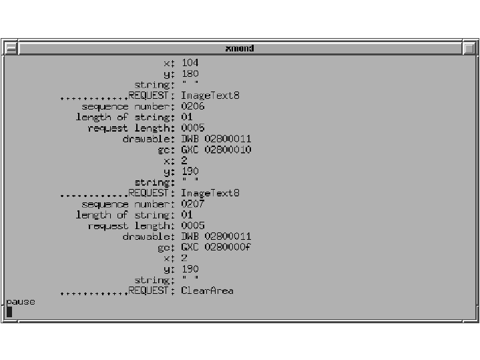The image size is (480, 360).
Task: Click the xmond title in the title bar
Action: [240, 48]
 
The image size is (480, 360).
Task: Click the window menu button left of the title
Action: [11, 48]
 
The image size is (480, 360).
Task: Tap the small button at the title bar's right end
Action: [469, 48]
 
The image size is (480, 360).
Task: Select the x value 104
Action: [190, 63]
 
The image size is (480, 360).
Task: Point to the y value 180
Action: [190, 74]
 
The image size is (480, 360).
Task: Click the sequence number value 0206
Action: [193, 106]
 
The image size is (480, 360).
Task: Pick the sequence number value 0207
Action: [193, 204]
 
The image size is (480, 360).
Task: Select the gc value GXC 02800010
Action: [216, 150]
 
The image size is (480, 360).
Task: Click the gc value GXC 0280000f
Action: [216, 247]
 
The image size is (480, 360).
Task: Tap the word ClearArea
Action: [207, 291]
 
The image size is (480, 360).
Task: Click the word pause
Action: [21, 302]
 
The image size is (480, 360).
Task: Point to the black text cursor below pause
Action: [9, 312]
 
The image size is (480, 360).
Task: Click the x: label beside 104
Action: [169, 63]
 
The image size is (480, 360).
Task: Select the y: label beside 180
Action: [169, 74]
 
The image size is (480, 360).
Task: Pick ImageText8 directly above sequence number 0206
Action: [210, 96]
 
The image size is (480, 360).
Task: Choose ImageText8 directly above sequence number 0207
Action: [210, 193]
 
